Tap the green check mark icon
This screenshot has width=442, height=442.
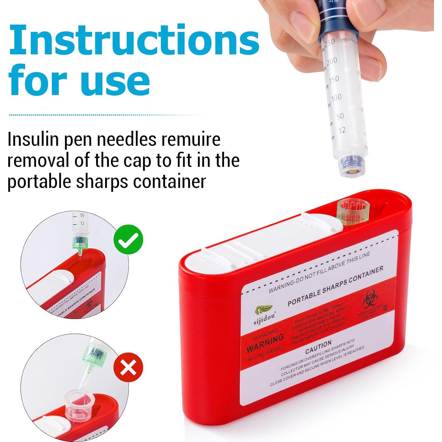(x=128, y=240)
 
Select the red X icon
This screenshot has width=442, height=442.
(x=128, y=367)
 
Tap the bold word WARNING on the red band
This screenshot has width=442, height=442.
(x=265, y=343)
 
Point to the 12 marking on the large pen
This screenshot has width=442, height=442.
(x=342, y=130)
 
